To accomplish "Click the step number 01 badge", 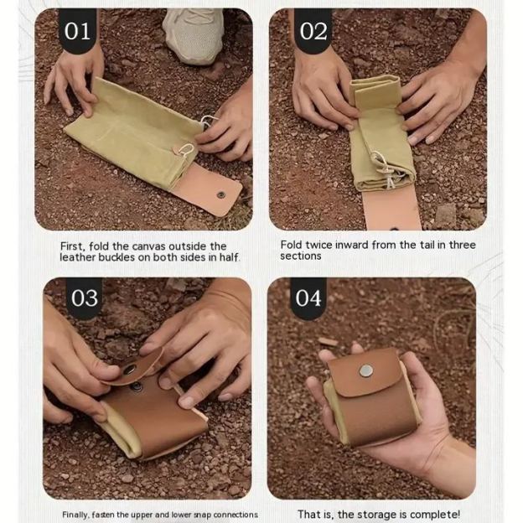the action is point(77,31).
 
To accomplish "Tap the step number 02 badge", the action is point(313,31).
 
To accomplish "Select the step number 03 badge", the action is point(85,298).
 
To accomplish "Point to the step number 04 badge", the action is point(308,298).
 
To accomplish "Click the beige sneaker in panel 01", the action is point(194,35).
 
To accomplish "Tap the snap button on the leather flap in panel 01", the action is point(220,194).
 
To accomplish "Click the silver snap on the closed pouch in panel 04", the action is point(366,371).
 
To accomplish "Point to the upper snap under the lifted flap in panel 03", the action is point(129,370).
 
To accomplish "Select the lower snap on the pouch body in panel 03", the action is point(137,387).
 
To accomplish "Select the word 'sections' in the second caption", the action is point(301,256).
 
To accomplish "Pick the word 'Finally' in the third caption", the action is point(75,515).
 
